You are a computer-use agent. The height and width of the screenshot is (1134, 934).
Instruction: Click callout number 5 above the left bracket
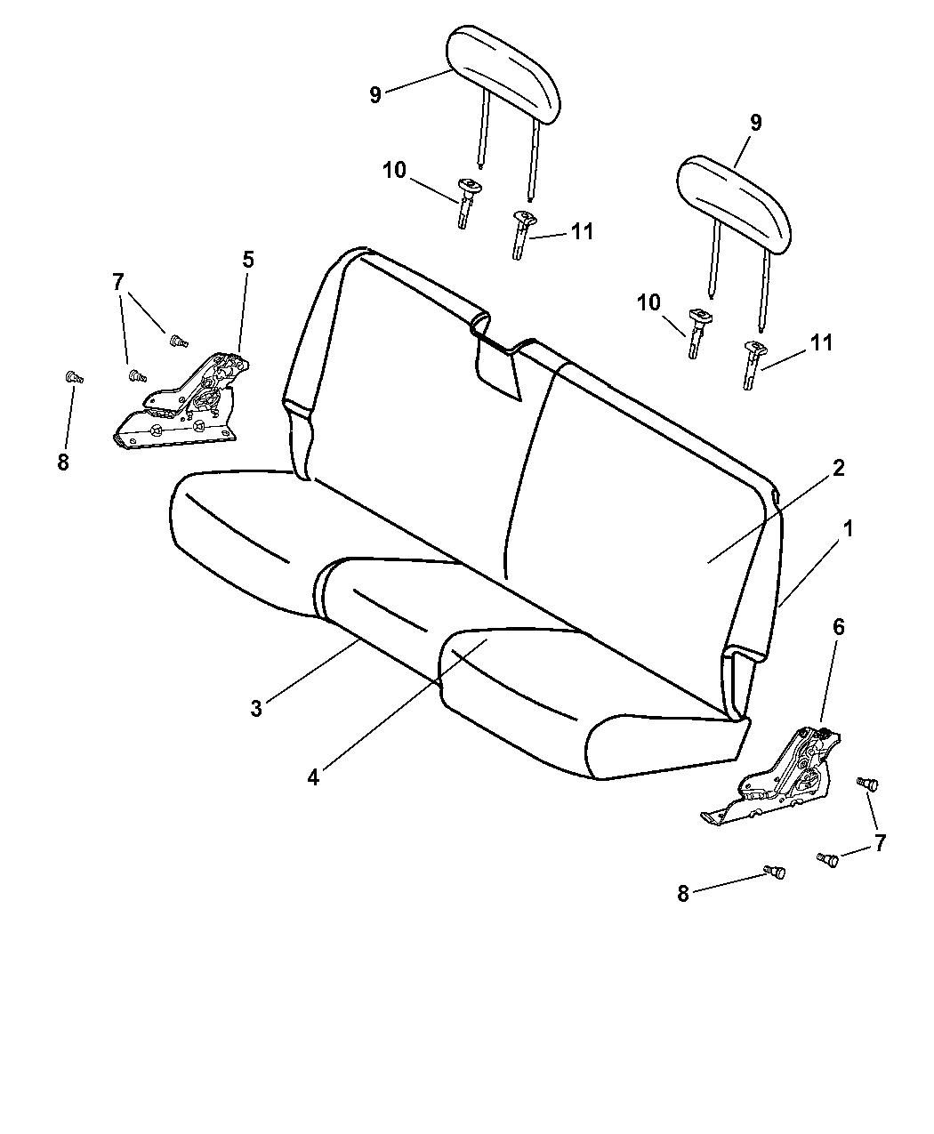pyautogui.click(x=248, y=260)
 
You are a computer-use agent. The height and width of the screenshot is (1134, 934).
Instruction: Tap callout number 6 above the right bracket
pyautogui.click(x=838, y=627)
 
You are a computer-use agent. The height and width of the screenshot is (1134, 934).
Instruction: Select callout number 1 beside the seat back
pyautogui.click(x=847, y=528)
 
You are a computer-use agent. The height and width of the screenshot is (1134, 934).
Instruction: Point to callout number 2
pyautogui.click(x=838, y=468)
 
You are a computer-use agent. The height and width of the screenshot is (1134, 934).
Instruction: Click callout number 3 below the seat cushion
pyautogui.click(x=256, y=709)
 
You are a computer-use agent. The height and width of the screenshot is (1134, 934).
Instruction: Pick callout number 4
pyautogui.click(x=313, y=777)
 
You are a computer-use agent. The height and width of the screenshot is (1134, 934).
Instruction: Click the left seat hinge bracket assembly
pyautogui.click(x=181, y=399)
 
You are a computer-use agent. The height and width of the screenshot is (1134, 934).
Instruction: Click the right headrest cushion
pyautogui.click(x=734, y=205)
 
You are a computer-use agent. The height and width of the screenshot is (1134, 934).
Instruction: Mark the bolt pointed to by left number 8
pyautogui.click(x=73, y=377)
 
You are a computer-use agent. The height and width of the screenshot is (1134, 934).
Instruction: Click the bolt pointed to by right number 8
pyautogui.click(x=775, y=872)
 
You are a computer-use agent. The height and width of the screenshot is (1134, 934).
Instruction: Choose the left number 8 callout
pyautogui.click(x=63, y=462)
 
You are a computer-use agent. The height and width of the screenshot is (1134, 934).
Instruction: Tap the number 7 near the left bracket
pyautogui.click(x=118, y=282)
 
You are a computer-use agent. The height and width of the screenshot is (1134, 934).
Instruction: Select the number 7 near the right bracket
pyautogui.click(x=881, y=843)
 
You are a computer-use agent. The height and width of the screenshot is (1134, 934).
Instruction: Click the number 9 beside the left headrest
pyautogui.click(x=374, y=95)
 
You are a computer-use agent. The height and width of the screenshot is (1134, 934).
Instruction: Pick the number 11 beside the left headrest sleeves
pyautogui.click(x=582, y=232)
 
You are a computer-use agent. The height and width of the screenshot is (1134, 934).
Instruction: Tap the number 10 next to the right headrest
pyautogui.click(x=648, y=302)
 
